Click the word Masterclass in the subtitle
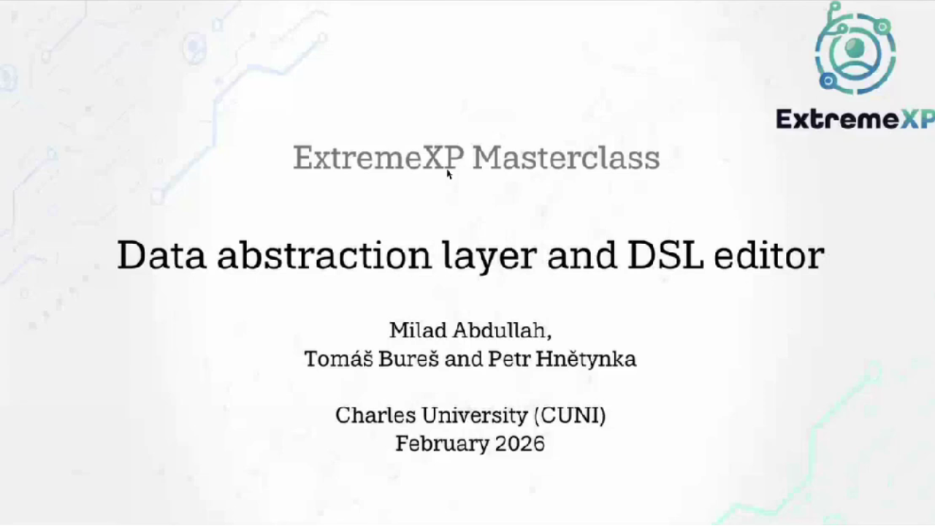coord(566,158)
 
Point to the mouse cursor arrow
coord(449,174)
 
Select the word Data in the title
coord(161,255)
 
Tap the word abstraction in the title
coord(324,255)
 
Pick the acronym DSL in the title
coord(665,255)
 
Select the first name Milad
coord(417,330)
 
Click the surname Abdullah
coord(501,330)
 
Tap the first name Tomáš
coord(338,359)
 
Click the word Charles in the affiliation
coord(369,415)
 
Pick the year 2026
coord(519,443)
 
